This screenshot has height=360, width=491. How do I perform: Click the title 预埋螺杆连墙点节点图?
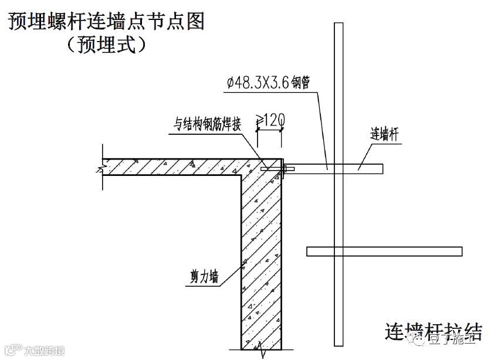[106, 22]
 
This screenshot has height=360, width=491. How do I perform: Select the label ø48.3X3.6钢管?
[263, 84]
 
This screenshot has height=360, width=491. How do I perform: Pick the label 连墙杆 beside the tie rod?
[385, 133]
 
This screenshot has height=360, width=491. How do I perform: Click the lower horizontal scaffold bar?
[384, 252]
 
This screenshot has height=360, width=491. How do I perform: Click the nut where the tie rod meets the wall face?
[285, 169]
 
